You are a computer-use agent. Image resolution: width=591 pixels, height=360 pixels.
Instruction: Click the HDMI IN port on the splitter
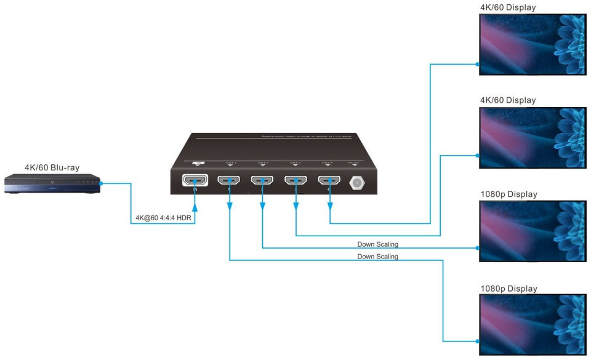tap(195, 181)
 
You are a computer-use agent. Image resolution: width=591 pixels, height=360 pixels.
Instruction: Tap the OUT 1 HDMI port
tap(229, 181)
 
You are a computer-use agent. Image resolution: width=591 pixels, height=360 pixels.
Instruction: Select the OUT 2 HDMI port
tap(262, 181)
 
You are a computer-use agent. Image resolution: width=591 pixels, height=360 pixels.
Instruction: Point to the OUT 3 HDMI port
tap(296, 181)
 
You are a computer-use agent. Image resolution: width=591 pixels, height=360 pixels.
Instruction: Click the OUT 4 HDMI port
tap(329, 181)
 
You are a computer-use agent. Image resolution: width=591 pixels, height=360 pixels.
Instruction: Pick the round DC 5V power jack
tap(356, 182)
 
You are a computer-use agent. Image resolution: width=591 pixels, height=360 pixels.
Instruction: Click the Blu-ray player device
tap(52, 183)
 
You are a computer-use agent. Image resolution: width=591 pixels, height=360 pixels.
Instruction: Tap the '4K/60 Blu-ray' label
tap(52, 167)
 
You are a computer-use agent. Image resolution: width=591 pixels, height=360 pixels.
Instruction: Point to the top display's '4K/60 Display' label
tap(508, 7)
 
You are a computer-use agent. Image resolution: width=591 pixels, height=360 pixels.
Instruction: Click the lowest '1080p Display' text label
tap(509, 289)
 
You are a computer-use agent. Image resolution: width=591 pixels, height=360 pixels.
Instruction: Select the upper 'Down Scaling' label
tap(377, 244)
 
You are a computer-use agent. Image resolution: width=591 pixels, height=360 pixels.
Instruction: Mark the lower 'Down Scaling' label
tap(377, 256)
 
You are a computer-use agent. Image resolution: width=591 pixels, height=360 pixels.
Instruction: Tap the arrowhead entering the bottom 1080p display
tap(476, 340)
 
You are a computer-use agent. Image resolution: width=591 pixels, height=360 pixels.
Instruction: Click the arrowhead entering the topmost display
tap(476, 63)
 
